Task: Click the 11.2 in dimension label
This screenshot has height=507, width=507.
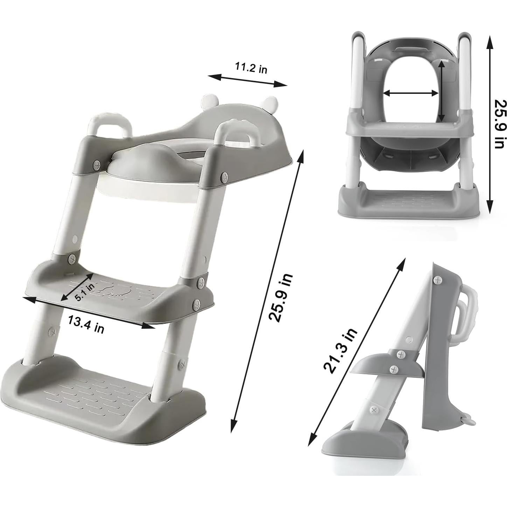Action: click(x=251, y=68)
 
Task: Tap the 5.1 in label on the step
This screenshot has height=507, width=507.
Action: click(x=84, y=292)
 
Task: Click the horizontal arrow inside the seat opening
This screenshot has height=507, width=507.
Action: click(x=411, y=93)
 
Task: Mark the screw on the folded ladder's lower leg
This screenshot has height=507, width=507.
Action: click(x=375, y=409)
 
